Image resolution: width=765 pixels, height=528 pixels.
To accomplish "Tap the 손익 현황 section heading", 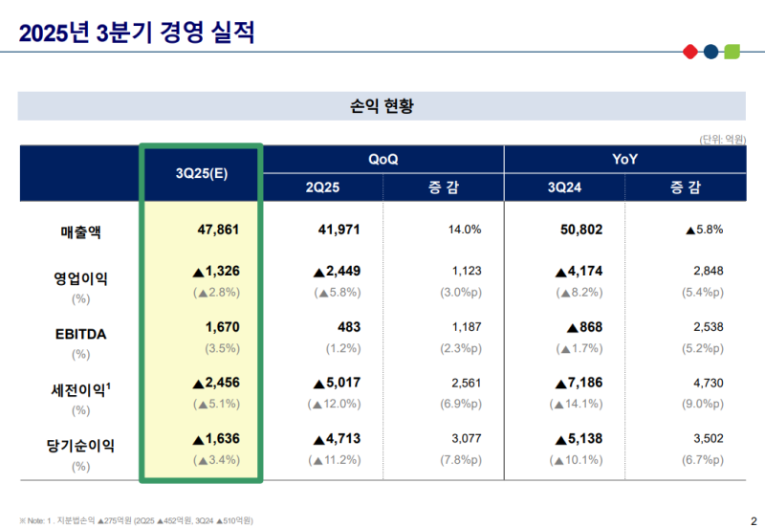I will tap(382, 105).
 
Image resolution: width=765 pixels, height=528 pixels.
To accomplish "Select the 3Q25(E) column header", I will tap(201, 173).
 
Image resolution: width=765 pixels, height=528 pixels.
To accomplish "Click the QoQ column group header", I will tap(382, 159).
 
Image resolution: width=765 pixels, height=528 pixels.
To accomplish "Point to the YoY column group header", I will tap(625, 159).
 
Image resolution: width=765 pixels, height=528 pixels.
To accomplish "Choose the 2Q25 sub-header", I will tap(322, 187).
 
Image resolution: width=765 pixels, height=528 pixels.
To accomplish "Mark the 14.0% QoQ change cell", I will tap(464, 230).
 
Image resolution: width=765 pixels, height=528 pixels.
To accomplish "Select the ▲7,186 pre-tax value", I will tap(577, 383).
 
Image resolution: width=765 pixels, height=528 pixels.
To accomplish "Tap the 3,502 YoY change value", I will tap(708, 438).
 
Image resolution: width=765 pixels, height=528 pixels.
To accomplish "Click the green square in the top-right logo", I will tap(732, 51).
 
